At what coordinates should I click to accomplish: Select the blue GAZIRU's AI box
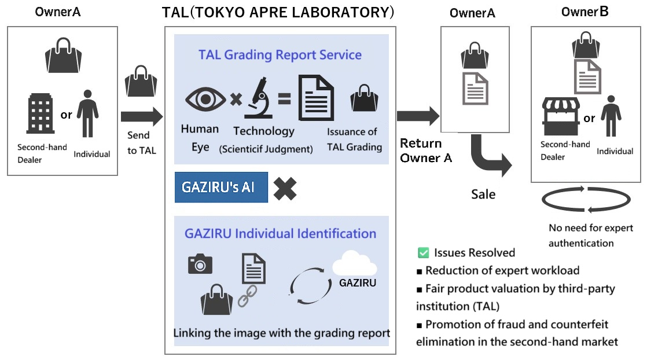point(221,188)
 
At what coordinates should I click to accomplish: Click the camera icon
point(200,264)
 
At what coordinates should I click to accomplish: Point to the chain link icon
point(247,296)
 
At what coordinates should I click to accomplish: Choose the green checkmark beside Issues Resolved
point(423,252)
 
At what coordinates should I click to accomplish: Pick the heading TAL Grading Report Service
point(280,55)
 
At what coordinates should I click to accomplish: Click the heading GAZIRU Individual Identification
point(280,234)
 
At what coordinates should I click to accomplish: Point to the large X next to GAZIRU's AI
point(285,188)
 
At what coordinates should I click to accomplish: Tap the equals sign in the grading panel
point(284,99)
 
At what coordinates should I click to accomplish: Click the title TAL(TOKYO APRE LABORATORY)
point(278,13)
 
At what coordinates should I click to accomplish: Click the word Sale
point(483,194)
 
